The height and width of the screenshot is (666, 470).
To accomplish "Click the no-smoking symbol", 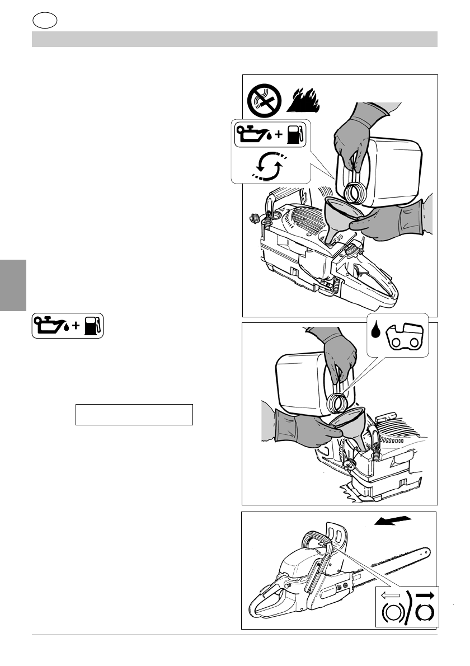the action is point(265,100).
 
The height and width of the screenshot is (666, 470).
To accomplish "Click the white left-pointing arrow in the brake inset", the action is point(392,595).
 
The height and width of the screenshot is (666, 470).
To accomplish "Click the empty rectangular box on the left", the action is point(134,415).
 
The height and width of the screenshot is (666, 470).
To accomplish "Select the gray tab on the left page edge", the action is point(13,285).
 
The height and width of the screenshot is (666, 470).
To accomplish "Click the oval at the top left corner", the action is point(45,21).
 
